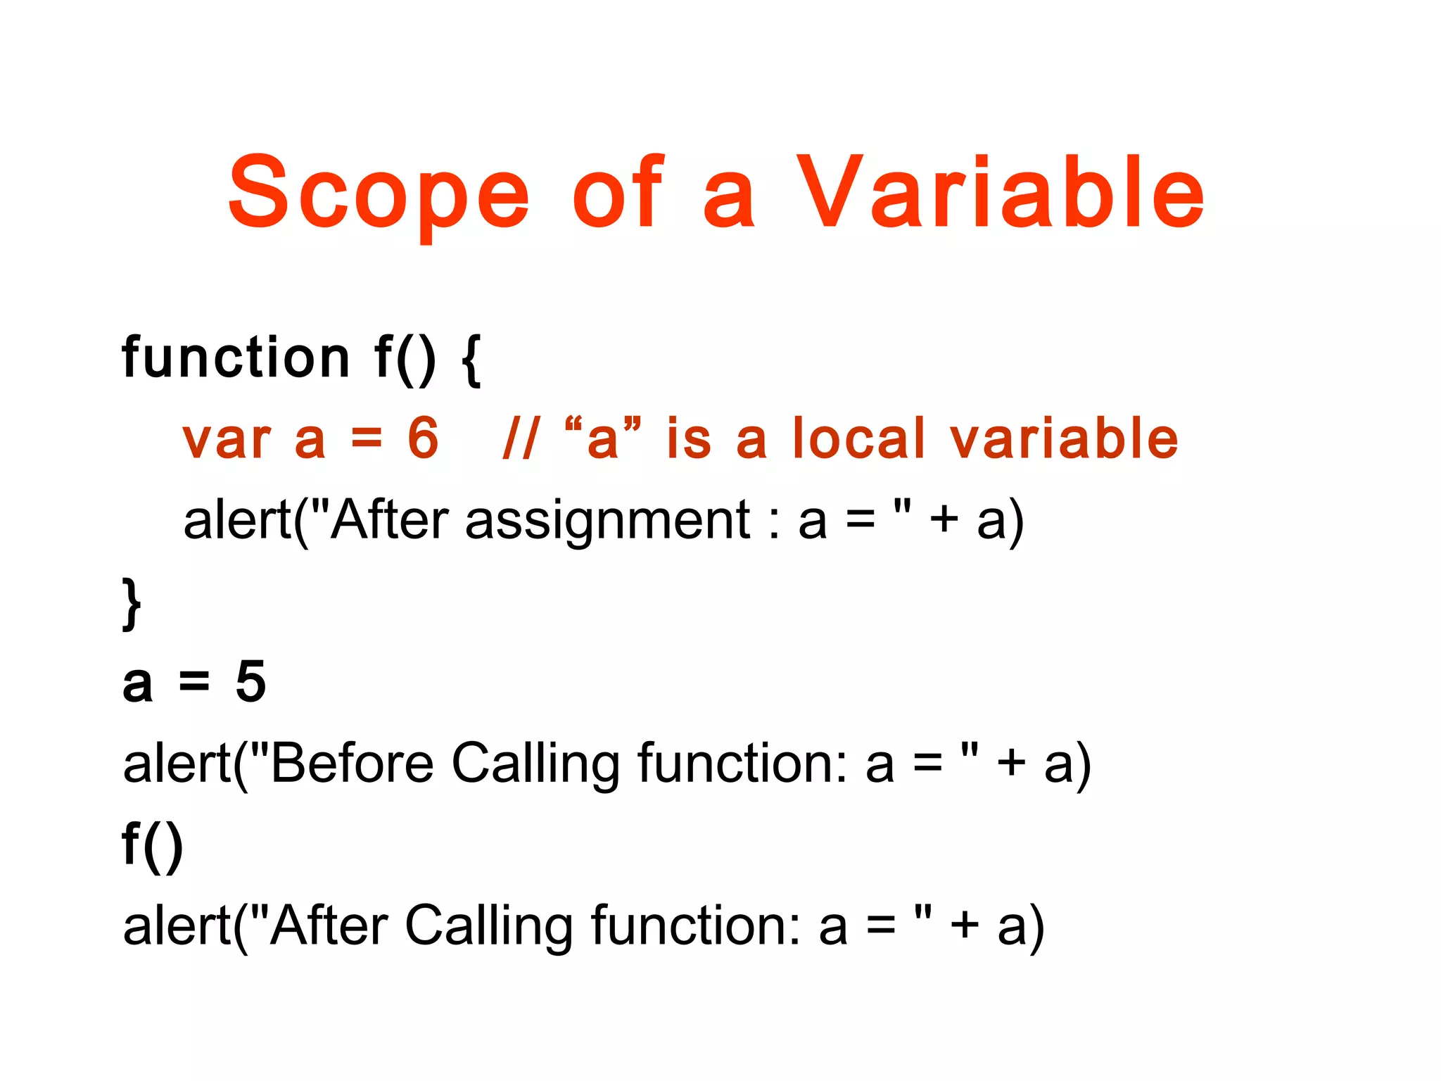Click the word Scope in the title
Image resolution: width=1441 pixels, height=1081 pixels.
click(379, 194)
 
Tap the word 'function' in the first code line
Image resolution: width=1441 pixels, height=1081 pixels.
click(236, 358)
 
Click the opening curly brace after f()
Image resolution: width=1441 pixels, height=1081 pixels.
click(472, 360)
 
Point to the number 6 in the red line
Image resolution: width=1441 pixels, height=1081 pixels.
click(423, 438)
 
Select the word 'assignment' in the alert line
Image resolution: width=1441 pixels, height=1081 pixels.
click(608, 521)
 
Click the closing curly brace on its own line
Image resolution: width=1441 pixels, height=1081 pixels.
click(132, 603)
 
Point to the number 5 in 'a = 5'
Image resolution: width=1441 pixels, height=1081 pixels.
click(250, 681)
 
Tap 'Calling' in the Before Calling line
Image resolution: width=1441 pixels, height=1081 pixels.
click(535, 764)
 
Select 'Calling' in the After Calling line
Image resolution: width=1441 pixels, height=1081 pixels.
click(489, 927)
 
